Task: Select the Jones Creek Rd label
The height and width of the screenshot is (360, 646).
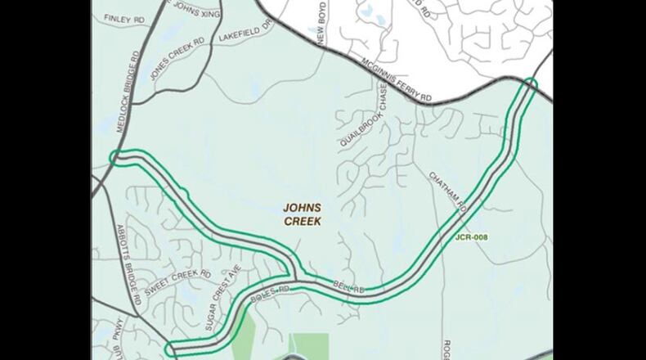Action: (x=177, y=52)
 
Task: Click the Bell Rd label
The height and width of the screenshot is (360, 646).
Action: (x=348, y=286)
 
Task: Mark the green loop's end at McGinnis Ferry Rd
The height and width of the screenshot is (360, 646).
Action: (x=532, y=83)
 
